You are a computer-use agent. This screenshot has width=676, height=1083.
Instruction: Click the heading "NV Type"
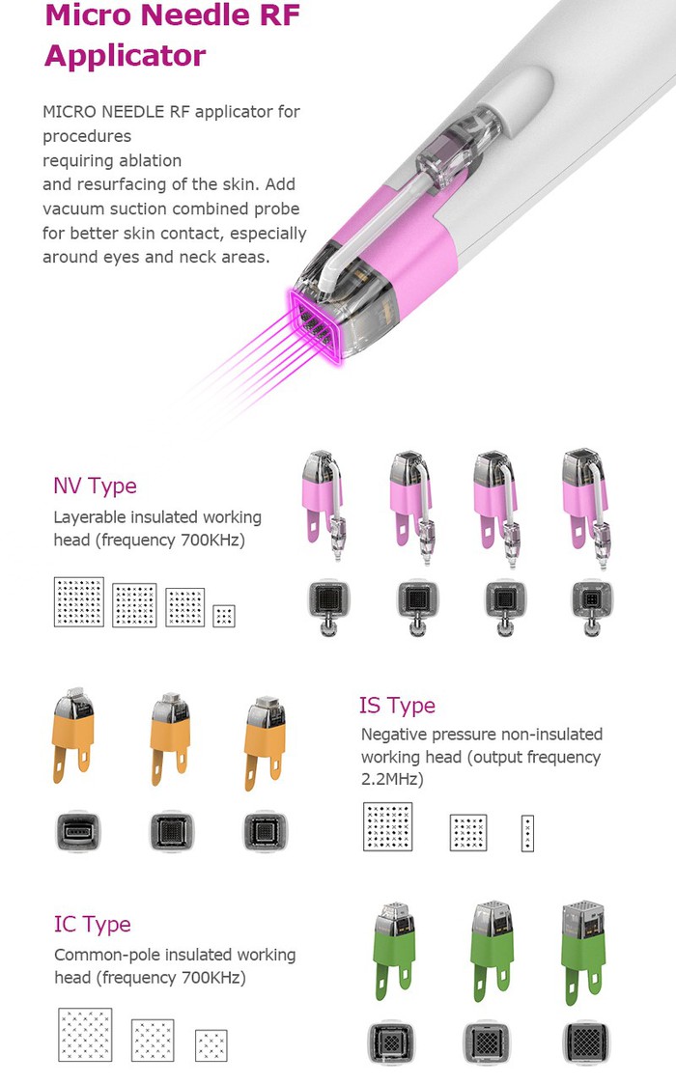(x=95, y=486)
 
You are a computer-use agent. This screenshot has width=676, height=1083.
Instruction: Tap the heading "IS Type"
(x=397, y=706)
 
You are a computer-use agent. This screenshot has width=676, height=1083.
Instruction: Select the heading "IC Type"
(x=92, y=925)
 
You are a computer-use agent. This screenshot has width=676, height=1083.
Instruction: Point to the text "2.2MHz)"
(x=392, y=779)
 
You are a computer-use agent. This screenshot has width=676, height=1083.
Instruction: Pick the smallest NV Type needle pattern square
(x=224, y=616)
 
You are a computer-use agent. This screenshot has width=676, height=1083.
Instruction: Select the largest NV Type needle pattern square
(x=78, y=601)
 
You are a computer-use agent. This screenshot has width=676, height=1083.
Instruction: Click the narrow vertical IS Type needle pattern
(x=527, y=833)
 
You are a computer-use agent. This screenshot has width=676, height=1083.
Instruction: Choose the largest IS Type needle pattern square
(x=388, y=826)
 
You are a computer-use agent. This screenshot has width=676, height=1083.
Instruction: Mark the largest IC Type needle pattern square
(x=85, y=1035)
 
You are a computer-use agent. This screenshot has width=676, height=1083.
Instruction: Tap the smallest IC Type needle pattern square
(x=211, y=1045)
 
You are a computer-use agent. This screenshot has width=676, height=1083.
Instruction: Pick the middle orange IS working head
(x=174, y=738)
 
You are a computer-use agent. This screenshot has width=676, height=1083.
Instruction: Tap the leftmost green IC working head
(x=390, y=951)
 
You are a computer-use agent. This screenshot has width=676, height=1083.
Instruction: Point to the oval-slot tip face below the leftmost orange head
(x=79, y=830)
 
